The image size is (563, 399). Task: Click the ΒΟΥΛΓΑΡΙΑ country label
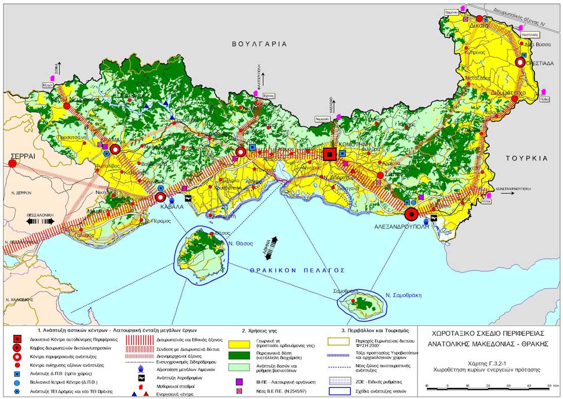259,44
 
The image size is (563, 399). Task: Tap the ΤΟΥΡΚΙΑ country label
526,158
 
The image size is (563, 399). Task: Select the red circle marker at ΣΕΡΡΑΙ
12,163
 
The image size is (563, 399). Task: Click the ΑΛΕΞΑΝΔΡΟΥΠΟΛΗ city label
401,227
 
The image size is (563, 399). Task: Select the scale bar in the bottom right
487,387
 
